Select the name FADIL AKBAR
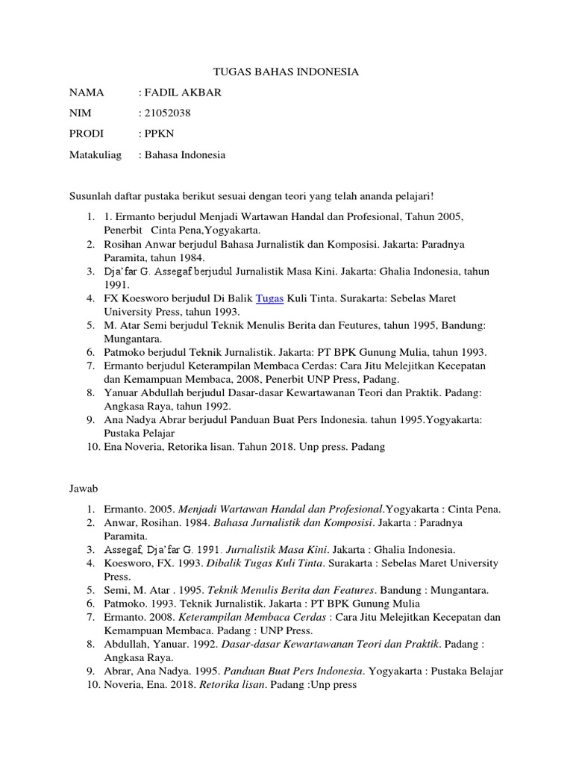[x=181, y=93]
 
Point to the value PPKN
[x=159, y=134]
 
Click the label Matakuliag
[x=94, y=155]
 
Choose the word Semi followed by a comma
[x=116, y=589]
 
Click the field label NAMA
[x=85, y=93]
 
